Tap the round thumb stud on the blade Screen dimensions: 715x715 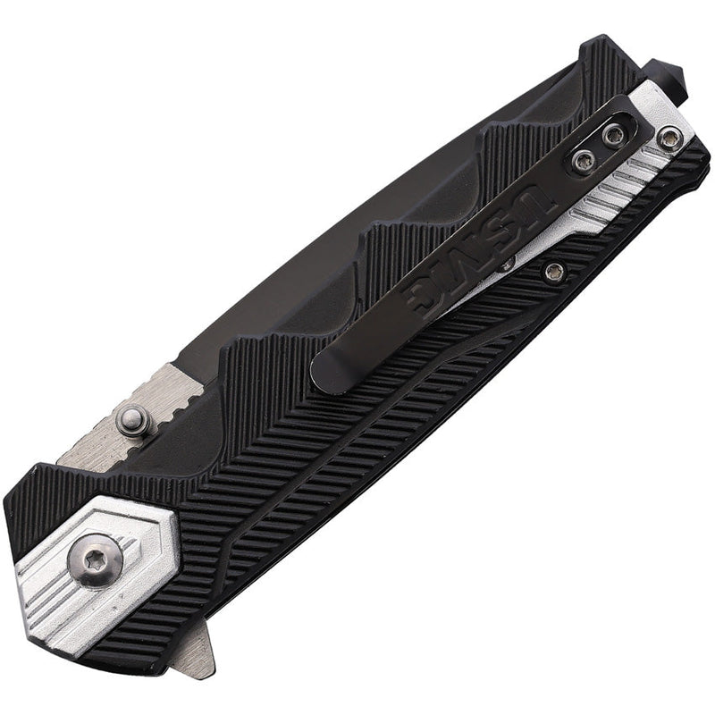click(x=134, y=417)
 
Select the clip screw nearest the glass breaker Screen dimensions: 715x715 click(x=613, y=134)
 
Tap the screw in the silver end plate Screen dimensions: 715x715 click(x=669, y=139)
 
